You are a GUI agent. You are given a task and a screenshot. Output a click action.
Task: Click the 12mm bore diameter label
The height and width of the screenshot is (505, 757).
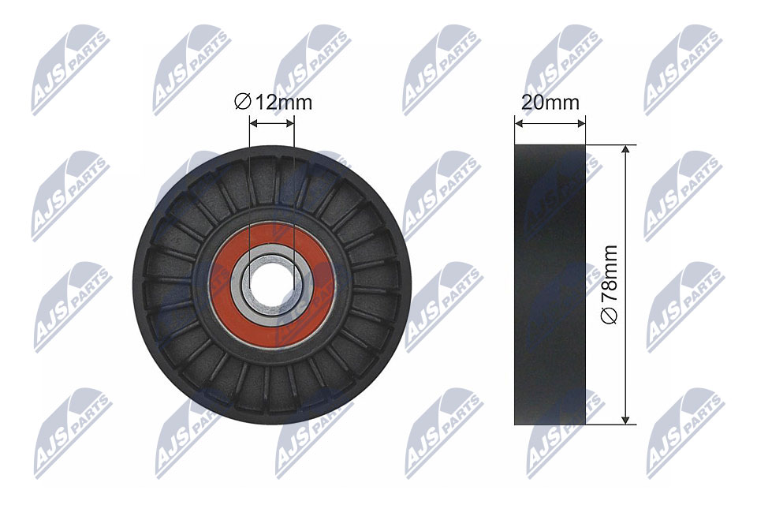point(274,103)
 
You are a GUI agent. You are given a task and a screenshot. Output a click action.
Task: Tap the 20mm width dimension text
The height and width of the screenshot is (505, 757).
point(550,103)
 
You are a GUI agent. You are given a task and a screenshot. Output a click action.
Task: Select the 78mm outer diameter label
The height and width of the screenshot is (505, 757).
point(610,285)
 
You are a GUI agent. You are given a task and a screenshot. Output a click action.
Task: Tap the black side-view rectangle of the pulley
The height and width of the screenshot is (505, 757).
point(550,285)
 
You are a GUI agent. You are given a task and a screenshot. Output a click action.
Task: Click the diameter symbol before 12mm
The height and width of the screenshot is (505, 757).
point(242,103)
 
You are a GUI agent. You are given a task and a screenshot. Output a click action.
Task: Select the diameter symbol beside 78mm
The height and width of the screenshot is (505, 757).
point(610,316)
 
